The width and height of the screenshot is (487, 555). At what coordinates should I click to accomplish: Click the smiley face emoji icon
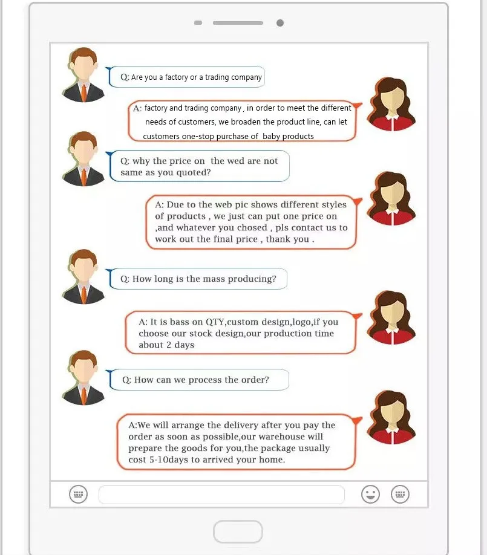pyautogui.click(x=370, y=494)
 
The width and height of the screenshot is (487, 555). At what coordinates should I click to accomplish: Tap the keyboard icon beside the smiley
pyautogui.click(x=400, y=494)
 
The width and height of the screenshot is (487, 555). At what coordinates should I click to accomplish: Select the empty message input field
pyautogui.click(x=221, y=494)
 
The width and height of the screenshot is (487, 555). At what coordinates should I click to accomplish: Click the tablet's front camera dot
pyautogui.click(x=279, y=23)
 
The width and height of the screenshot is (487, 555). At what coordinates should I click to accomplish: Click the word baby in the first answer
pyautogui.click(x=271, y=136)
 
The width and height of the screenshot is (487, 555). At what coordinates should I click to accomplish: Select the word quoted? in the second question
pyautogui.click(x=194, y=172)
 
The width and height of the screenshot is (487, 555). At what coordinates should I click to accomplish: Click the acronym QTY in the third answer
pyautogui.click(x=215, y=322)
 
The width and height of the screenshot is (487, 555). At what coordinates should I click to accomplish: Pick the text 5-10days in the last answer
pyautogui.click(x=165, y=459)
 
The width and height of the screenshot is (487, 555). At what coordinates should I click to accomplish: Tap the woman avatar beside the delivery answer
pyautogui.click(x=387, y=418)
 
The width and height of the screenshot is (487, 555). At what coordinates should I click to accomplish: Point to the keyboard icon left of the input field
pyautogui.click(x=78, y=494)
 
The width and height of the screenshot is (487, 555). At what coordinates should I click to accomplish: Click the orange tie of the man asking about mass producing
pyautogui.click(x=83, y=293)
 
